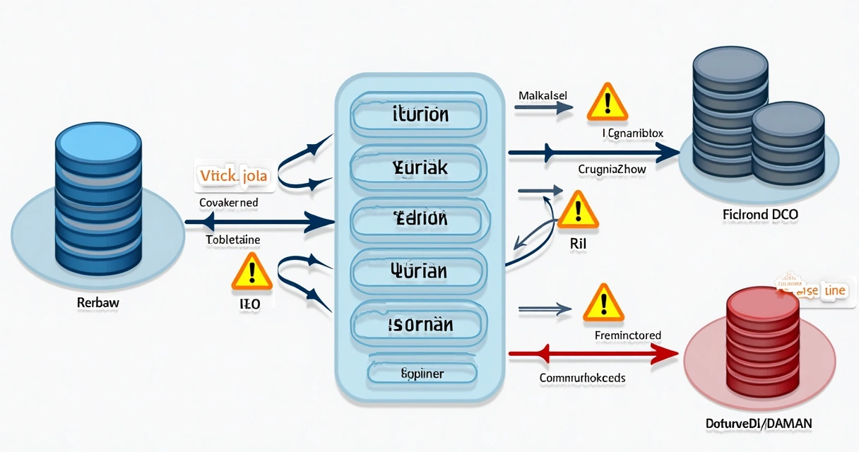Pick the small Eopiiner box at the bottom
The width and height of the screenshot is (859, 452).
422,373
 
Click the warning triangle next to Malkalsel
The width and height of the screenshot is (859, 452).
607,102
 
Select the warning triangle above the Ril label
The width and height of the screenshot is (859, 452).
578,210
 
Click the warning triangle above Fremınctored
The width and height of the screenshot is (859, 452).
604,302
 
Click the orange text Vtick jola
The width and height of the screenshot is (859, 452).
234,175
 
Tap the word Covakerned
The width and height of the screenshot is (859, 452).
228,203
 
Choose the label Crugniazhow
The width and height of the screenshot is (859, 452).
612,169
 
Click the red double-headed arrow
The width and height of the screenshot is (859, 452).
593,352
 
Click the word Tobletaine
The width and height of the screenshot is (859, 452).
233,240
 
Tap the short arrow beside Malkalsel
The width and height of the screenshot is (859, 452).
543,108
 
